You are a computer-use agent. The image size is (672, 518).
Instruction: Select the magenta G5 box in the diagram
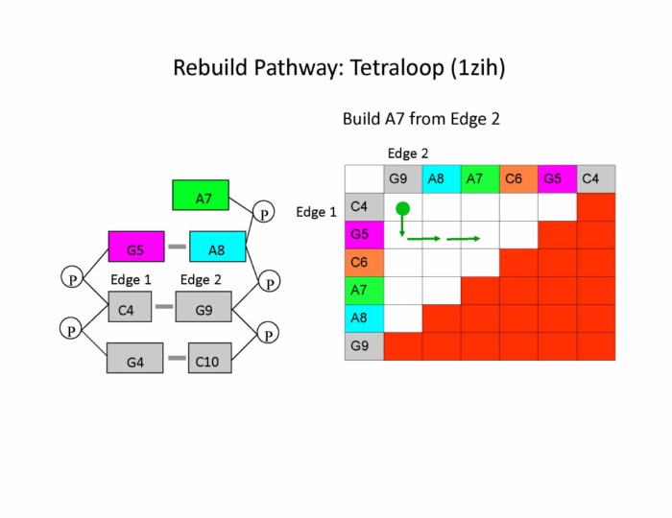pyautogui.click(x=135, y=247)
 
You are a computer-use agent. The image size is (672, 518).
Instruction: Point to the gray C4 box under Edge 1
pyautogui.click(x=127, y=309)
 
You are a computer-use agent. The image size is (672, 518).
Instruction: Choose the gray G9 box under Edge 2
pyautogui.click(x=204, y=309)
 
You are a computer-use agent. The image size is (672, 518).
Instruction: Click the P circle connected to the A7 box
pyautogui.click(x=262, y=209)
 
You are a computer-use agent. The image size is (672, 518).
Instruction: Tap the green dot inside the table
pyautogui.click(x=402, y=208)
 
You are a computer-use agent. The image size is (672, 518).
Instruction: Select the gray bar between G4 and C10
pyautogui.click(x=176, y=359)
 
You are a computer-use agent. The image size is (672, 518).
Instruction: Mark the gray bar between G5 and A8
pyautogui.click(x=177, y=247)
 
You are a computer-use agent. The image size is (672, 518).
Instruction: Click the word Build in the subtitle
pyautogui.click(x=361, y=119)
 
